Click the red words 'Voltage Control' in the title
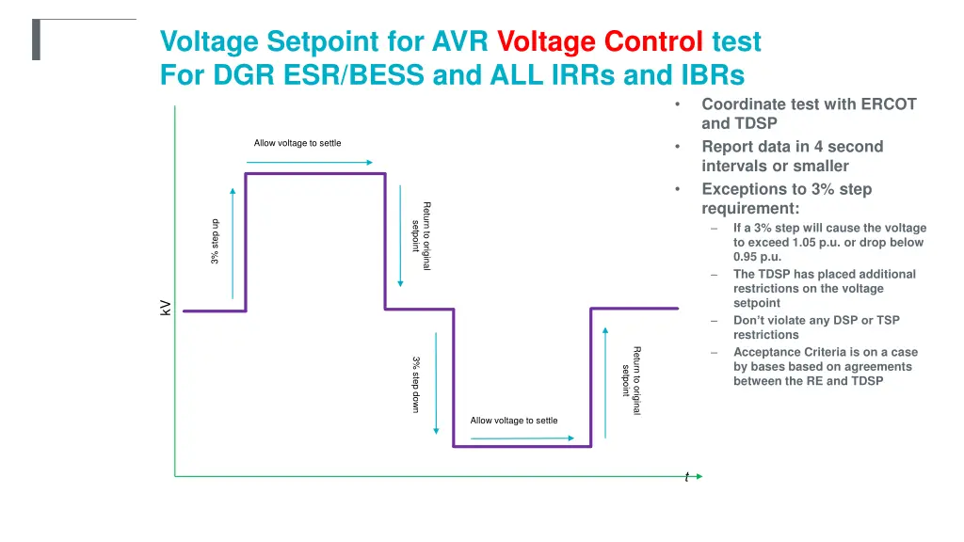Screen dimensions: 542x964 [x=600, y=42]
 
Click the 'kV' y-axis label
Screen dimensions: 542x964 [x=165, y=308]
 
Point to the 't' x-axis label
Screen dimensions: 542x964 [x=686, y=477]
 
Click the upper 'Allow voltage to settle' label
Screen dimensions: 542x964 [x=297, y=143]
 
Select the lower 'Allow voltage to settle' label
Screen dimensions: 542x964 [x=514, y=421]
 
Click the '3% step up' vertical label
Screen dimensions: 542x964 [x=216, y=241]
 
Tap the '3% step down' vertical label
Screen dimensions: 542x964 [x=415, y=384]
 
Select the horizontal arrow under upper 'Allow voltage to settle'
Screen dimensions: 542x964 [x=310, y=162]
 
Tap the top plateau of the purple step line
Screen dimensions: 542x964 [x=315, y=174]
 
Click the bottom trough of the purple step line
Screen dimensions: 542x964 [x=522, y=446]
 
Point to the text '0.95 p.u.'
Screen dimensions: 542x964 [x=758, y=257]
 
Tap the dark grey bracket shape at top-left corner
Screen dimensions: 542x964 [x=36, y=39]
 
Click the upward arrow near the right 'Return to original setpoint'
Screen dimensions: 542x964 [x=604, y=376]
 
